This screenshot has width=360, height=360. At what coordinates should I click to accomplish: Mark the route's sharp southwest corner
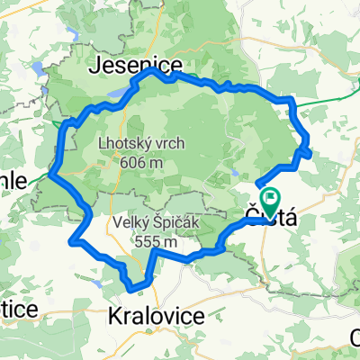(72, 240)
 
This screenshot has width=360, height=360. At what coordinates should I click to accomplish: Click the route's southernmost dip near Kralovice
(136, 289)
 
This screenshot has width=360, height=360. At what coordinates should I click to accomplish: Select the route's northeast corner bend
(292, 98)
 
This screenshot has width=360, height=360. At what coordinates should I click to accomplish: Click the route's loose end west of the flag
(258, 185)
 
